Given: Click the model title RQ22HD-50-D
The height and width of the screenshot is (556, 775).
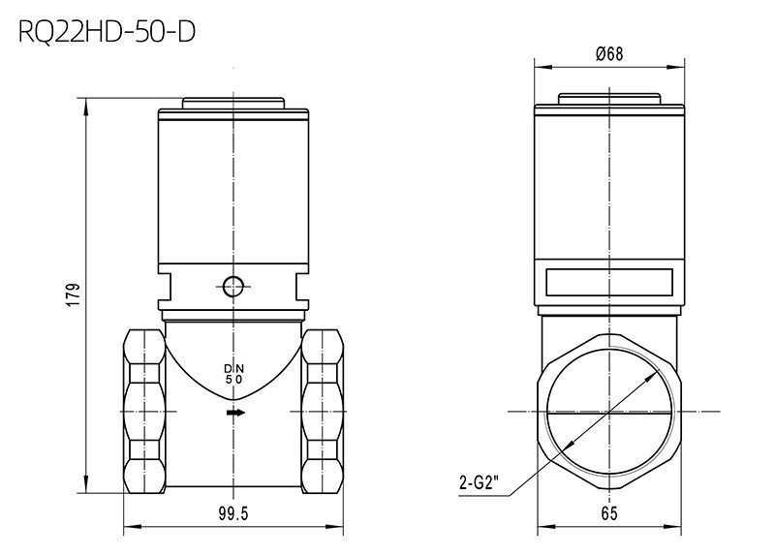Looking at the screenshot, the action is (107, 32).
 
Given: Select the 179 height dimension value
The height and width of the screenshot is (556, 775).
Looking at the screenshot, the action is (74, 295).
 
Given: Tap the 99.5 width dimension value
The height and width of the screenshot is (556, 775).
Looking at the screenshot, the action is (233, 514).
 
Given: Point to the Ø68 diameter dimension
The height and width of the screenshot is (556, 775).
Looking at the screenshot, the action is (609, 53).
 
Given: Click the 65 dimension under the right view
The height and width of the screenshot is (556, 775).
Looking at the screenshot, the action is (609, 514).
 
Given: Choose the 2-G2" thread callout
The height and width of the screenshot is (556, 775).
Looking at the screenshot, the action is (477, 482).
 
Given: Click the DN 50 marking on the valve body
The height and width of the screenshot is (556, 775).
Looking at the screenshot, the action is (234, 374).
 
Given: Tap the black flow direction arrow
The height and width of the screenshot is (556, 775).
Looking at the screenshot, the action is (235, 413).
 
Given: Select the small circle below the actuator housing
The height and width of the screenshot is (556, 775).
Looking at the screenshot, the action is (232, 286).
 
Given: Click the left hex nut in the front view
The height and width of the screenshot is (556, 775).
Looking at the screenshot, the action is (143, 412).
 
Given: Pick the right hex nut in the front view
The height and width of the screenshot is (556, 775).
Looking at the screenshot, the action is (323, 412).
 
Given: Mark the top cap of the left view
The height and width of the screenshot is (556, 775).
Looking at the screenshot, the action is (233, 104).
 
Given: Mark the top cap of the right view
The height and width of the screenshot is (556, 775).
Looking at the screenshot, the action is (609, 99).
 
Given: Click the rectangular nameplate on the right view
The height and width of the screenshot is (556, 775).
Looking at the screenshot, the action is (609, 282).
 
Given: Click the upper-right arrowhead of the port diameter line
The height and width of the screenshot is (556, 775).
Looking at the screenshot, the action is (650, 378).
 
